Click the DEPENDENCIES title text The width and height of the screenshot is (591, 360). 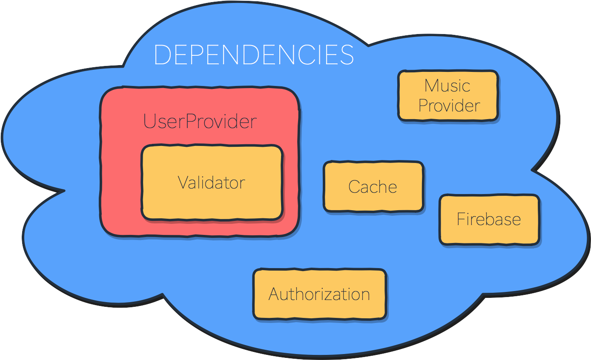[254, 55]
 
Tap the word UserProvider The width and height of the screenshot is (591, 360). [200, 121]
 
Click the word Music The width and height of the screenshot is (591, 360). [447, 86]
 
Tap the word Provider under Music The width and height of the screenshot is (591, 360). [449, 105]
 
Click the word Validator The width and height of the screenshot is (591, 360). [212, 183]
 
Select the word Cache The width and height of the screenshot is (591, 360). [373, 187]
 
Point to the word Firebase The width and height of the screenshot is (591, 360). [489, 219]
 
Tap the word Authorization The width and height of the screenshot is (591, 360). [319, 294]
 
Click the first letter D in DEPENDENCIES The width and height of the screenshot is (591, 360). [162, 55]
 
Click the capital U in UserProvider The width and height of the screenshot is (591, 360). [149, 121]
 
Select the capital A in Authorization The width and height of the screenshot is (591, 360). [275, 294]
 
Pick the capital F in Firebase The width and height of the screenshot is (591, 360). [460, 219]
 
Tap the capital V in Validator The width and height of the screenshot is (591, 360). [183, 183]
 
